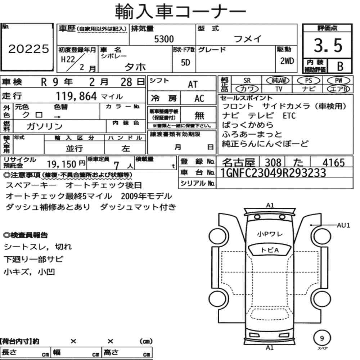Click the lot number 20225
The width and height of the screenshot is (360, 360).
pos(29,49)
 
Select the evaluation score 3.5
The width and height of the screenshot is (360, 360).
pos(328,45)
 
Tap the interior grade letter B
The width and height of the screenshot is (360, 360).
pos(340,66)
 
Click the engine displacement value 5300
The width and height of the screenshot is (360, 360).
pos(164,39)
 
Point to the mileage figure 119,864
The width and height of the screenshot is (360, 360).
pos(76,96)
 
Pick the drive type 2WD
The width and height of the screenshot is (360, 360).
pos(287,61)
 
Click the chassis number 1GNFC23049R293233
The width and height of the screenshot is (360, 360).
pos(273,173)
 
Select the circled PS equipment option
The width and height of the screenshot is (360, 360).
pos(309,81)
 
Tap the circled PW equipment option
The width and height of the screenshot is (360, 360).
pos(339,81)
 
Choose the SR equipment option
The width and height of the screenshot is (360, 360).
pos(247,81)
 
